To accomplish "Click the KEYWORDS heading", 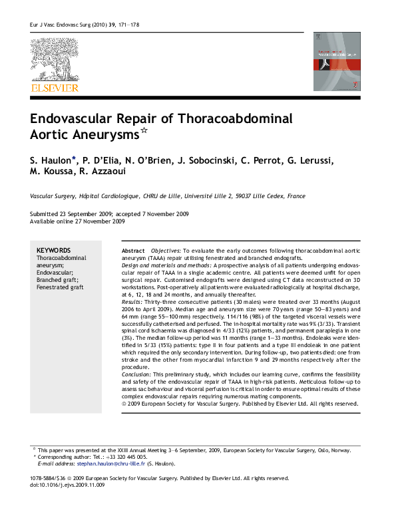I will (53, 249).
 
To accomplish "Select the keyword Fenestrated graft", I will (60, 287).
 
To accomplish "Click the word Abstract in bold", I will (133, 250).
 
